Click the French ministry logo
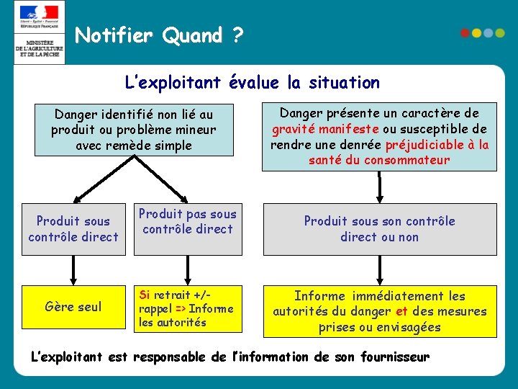coord(39,32)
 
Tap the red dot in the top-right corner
coord(465,33)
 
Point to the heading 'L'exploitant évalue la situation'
coord(252,83)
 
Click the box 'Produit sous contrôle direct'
coord(73,229)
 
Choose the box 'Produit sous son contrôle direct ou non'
coord(379,229)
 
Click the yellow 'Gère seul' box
coord(73,307)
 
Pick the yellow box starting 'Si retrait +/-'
coord(187,308)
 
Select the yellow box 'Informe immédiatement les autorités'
coord(379,311)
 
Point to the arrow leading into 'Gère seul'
coord(73,270)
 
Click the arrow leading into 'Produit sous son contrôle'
coord(379,187)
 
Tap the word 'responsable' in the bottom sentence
coord(171,357)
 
